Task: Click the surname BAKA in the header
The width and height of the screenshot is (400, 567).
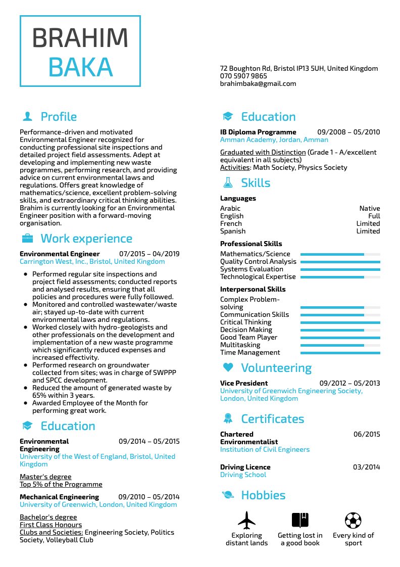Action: pyautogui.click(x=80, y=67)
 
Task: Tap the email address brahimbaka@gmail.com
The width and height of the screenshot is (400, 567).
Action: pyautogui.click(x=258, y=84)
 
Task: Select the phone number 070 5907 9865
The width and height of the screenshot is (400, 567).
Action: pyautogui.click(x=243, y=76)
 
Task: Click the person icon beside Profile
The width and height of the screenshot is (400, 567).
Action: pyautogui.click(x=27, y=117)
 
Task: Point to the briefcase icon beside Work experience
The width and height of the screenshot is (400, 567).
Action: pyautogui.click(x=27, y=239)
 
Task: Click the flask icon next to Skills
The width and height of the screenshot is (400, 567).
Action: pyautogui.click(x=228, y=183)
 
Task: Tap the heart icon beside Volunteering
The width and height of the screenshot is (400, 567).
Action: pyautogui.click(x=228, y=368)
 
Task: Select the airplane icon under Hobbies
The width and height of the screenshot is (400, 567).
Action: pyautogui.click(x=246, y=519)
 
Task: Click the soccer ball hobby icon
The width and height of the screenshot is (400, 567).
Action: pyautogui.click(x=353, y=519)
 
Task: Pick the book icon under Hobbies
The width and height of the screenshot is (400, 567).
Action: pyautogui.click(x=300, y=519)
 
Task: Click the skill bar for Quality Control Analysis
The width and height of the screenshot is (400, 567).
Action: pyautogui.click(x=340, y=262)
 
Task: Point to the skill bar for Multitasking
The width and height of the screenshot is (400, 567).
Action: pyautogui.click(x=340, y=345)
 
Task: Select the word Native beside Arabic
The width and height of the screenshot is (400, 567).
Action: pyautogui.click(x=370, y=208)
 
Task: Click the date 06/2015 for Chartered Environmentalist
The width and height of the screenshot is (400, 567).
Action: pyautogui.click(x=367, y=434)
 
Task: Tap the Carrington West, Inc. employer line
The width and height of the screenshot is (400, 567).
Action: pyautogui.click(x=92, y=262)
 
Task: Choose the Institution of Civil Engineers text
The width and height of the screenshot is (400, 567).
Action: pyautogui.click(x=265, y=449)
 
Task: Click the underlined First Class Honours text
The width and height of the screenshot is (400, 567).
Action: pyautogui.click(x=51, y=525)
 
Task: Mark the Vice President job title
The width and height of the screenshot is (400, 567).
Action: pyautogui.click(x=244, y=383)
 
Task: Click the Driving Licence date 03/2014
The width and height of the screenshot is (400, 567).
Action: pyautogui.click(x=367, y=467)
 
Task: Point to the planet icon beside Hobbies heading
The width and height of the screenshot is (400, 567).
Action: pyautogui.click(x=228, y=495)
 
